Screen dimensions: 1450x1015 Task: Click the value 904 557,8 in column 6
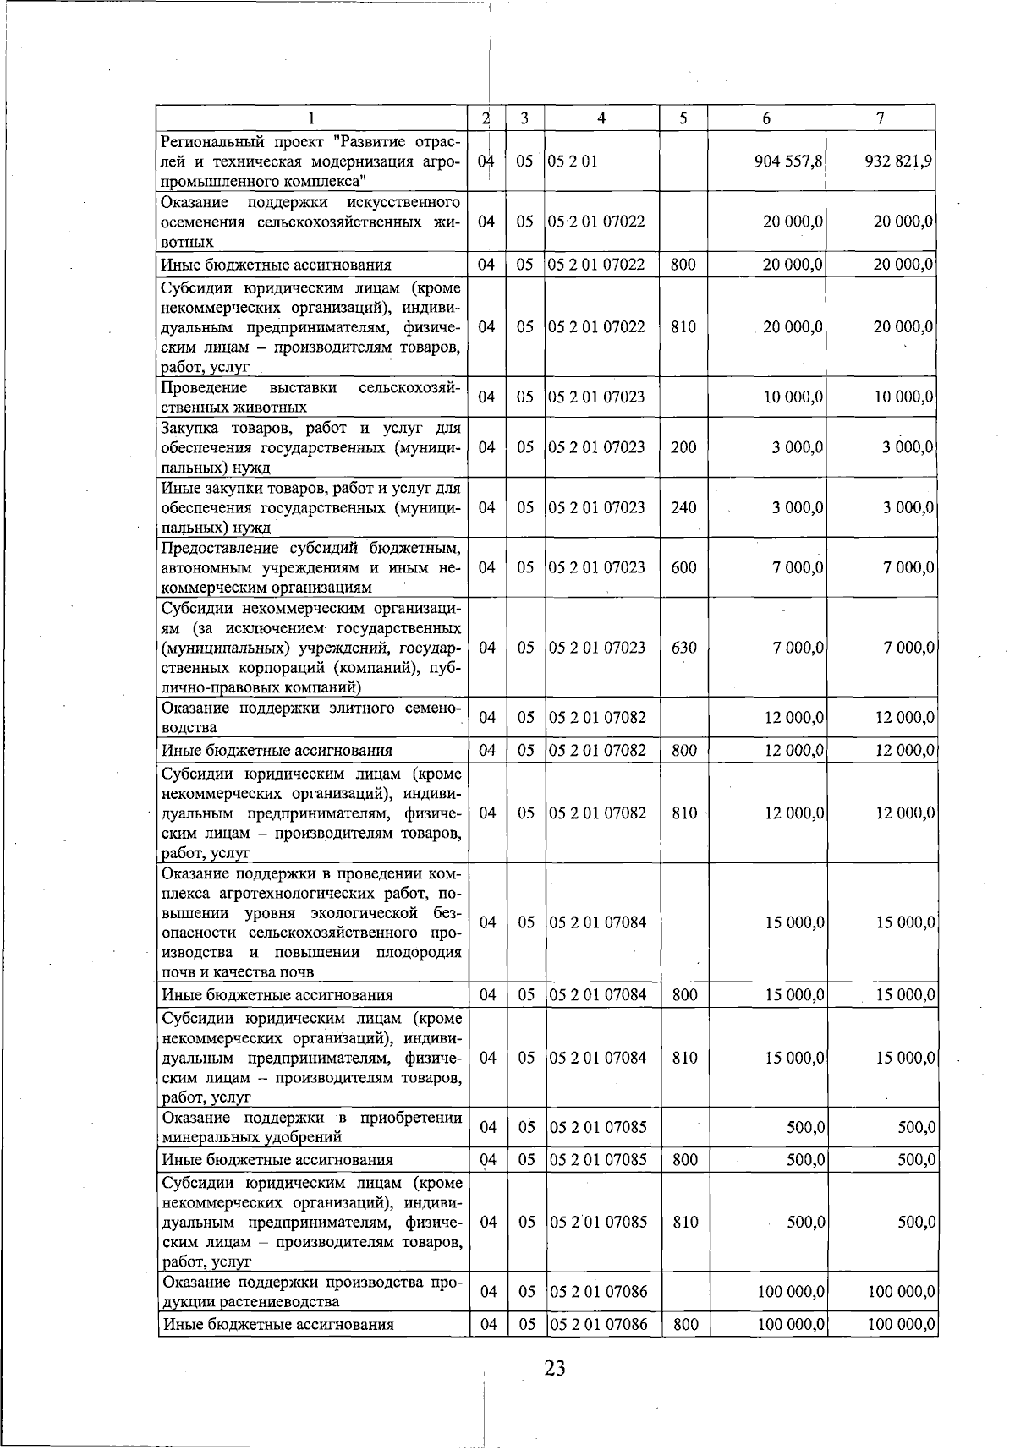coord(789,161)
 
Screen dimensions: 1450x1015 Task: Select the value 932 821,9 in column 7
coord(898,161)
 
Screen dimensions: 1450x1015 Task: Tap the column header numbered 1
coord(312,119)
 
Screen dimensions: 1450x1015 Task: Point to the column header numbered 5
coord(683,119)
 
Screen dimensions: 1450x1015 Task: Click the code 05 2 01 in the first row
coord(573,161)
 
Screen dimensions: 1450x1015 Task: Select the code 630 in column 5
coord(683,648)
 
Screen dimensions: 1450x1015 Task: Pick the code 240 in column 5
coord(683,507)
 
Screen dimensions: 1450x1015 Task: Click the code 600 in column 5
coord(683,567)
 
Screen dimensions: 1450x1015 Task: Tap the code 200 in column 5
coord(683,447)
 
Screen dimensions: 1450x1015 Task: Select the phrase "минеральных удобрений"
coord(252,1137)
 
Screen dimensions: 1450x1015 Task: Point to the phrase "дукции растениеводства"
coord(250,1301)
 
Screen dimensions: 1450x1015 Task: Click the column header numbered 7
coord(881,119)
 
